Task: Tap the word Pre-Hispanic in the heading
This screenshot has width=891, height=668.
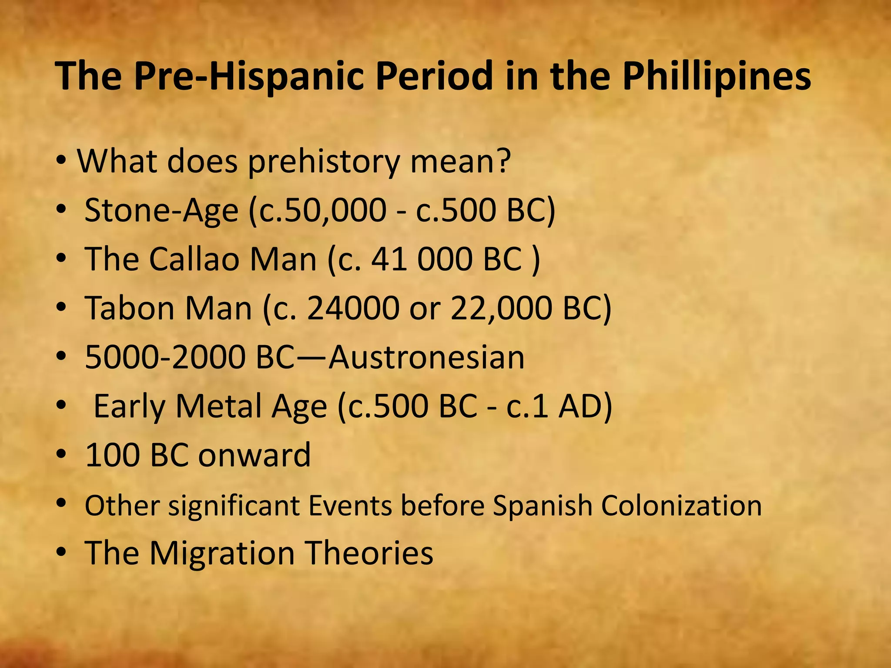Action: pyautogui.click(x=248, y=77)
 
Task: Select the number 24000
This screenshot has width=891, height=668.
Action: pyautogui.click(x=353, y=308)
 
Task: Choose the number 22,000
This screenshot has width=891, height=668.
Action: pyautogui.click(x=501, y=308)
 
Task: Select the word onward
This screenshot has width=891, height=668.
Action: pyautogui.click(x=255, y=455)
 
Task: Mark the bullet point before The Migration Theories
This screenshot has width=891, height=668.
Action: pyautogui.click(x=61, y=553)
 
